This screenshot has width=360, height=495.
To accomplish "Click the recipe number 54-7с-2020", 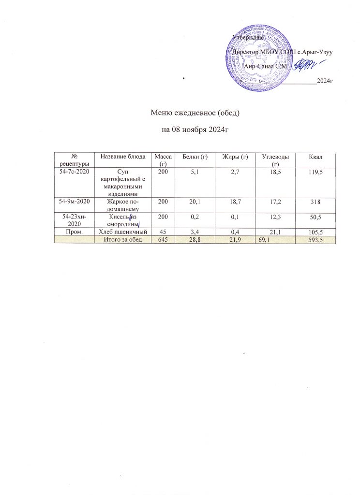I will tap(75, 171).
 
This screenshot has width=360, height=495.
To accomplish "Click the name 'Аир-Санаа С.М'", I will tap(267, 66).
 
